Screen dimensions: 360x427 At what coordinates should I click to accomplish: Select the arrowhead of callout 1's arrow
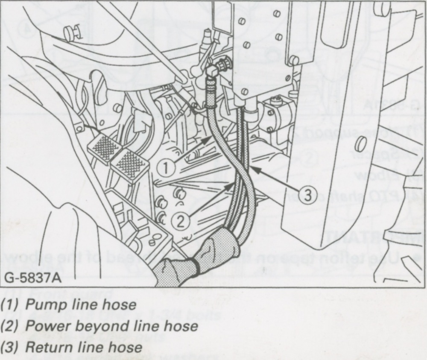(209, 138)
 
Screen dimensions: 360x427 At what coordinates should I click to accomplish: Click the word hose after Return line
(125, 347)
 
